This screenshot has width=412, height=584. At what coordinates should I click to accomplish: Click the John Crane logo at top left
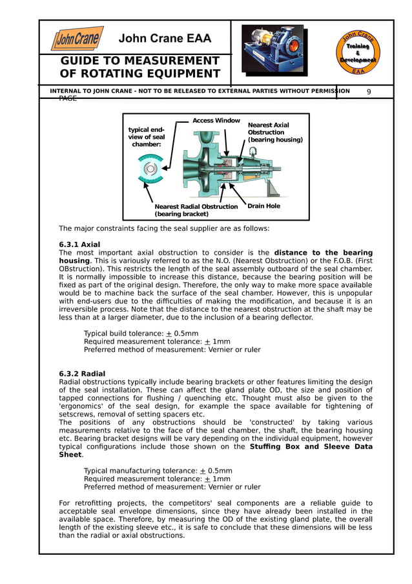77,39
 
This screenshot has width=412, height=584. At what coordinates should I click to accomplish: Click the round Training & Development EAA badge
358,52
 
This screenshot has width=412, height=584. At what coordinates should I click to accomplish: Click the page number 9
369,92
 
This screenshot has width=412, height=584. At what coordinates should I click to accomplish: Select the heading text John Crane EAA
165,39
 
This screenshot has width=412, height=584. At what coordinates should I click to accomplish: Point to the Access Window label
216,121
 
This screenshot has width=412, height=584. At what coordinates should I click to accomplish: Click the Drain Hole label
263,206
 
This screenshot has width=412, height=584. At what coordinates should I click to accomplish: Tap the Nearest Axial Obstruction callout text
274,133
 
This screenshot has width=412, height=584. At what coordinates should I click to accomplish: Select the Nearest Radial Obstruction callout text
196,210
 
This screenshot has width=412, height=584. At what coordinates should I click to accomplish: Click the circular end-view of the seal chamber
150,169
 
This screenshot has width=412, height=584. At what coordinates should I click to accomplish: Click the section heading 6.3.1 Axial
79,244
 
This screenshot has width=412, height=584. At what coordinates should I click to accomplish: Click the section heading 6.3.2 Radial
82,374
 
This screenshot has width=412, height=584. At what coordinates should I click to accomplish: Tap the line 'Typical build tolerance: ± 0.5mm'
141,334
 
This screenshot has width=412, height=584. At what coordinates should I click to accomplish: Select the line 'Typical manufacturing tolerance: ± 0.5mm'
158,471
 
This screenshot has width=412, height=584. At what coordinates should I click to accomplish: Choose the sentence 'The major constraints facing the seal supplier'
163,228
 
